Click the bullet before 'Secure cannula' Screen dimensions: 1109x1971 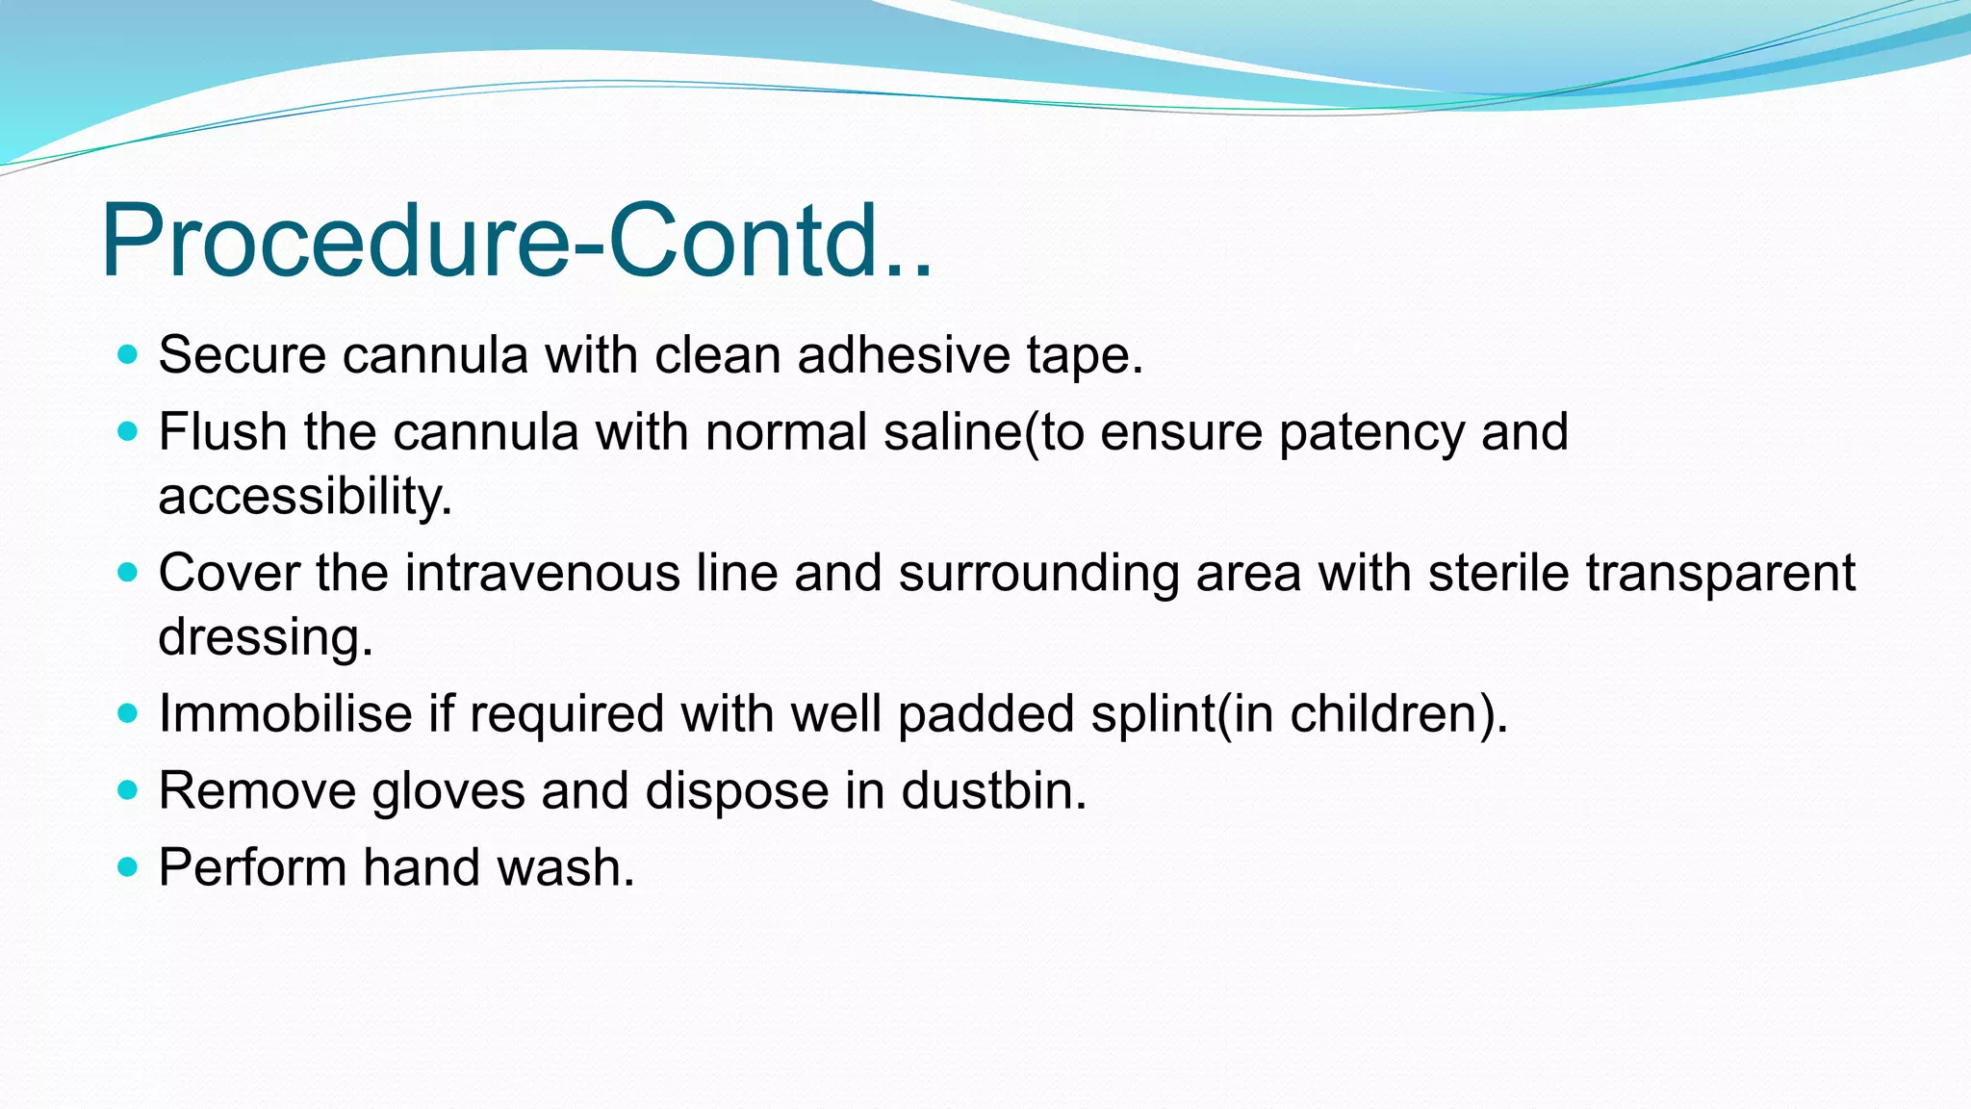tap(127, 354)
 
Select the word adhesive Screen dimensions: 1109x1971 tap(903, 354)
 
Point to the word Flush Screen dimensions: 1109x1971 tap(222, 431)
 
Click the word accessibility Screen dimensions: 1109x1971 tap(304, 497)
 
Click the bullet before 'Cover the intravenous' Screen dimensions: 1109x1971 tap(127, 573)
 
